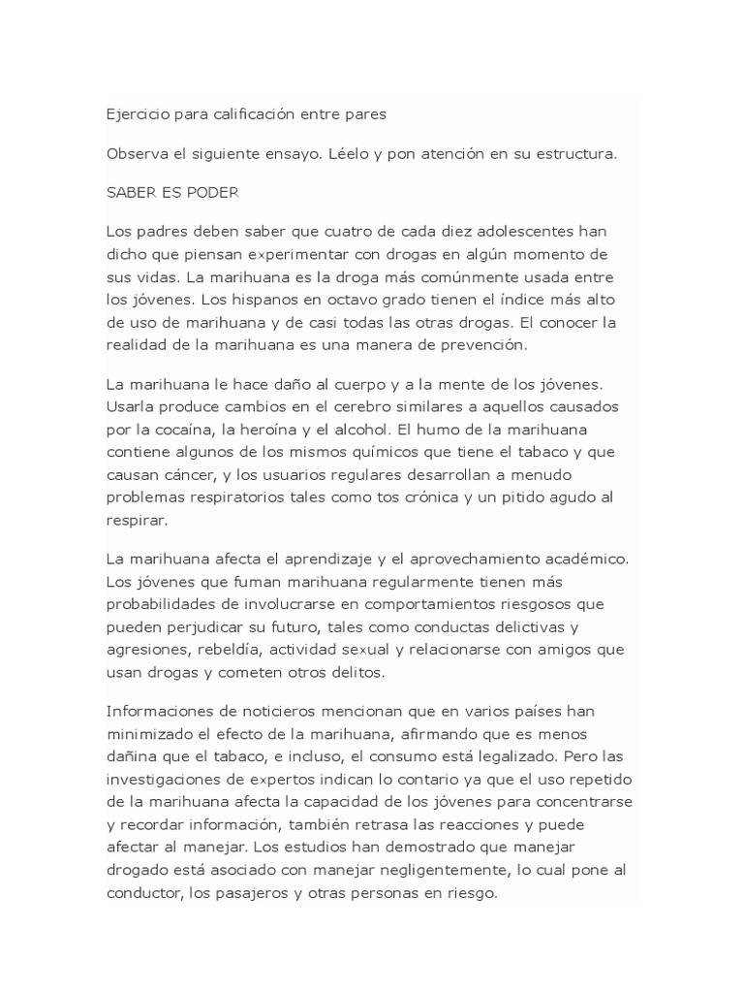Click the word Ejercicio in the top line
coord(137,114)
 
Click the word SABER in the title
coord(130,193)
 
